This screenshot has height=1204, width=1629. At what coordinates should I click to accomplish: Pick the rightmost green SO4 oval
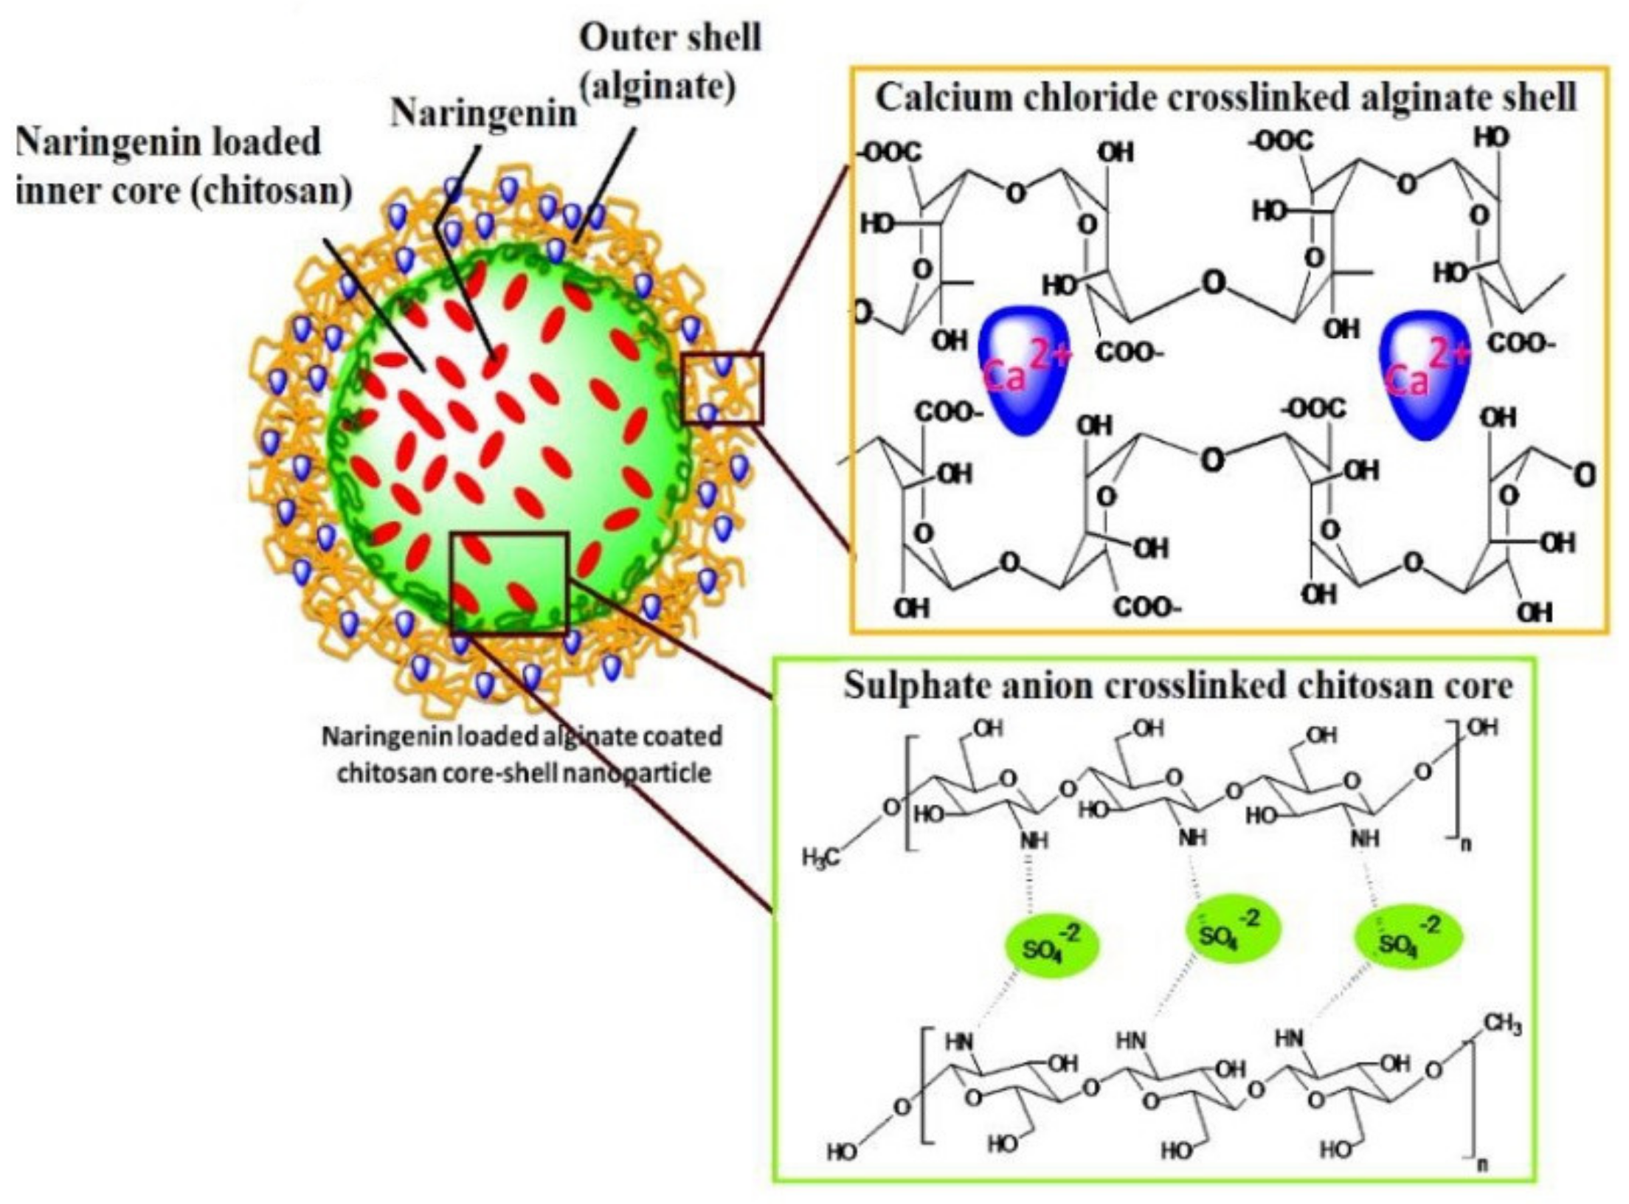point(1409,938)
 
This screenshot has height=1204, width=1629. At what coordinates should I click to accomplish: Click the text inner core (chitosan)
point(183,191)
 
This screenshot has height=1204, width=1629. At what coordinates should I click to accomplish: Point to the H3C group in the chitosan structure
point(820,858)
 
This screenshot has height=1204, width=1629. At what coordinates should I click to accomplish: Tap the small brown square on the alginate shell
point(722,388)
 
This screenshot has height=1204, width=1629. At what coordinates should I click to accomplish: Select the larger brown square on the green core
point(509,583)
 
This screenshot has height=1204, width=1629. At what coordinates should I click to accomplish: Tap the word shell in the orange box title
point(1540,98)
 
